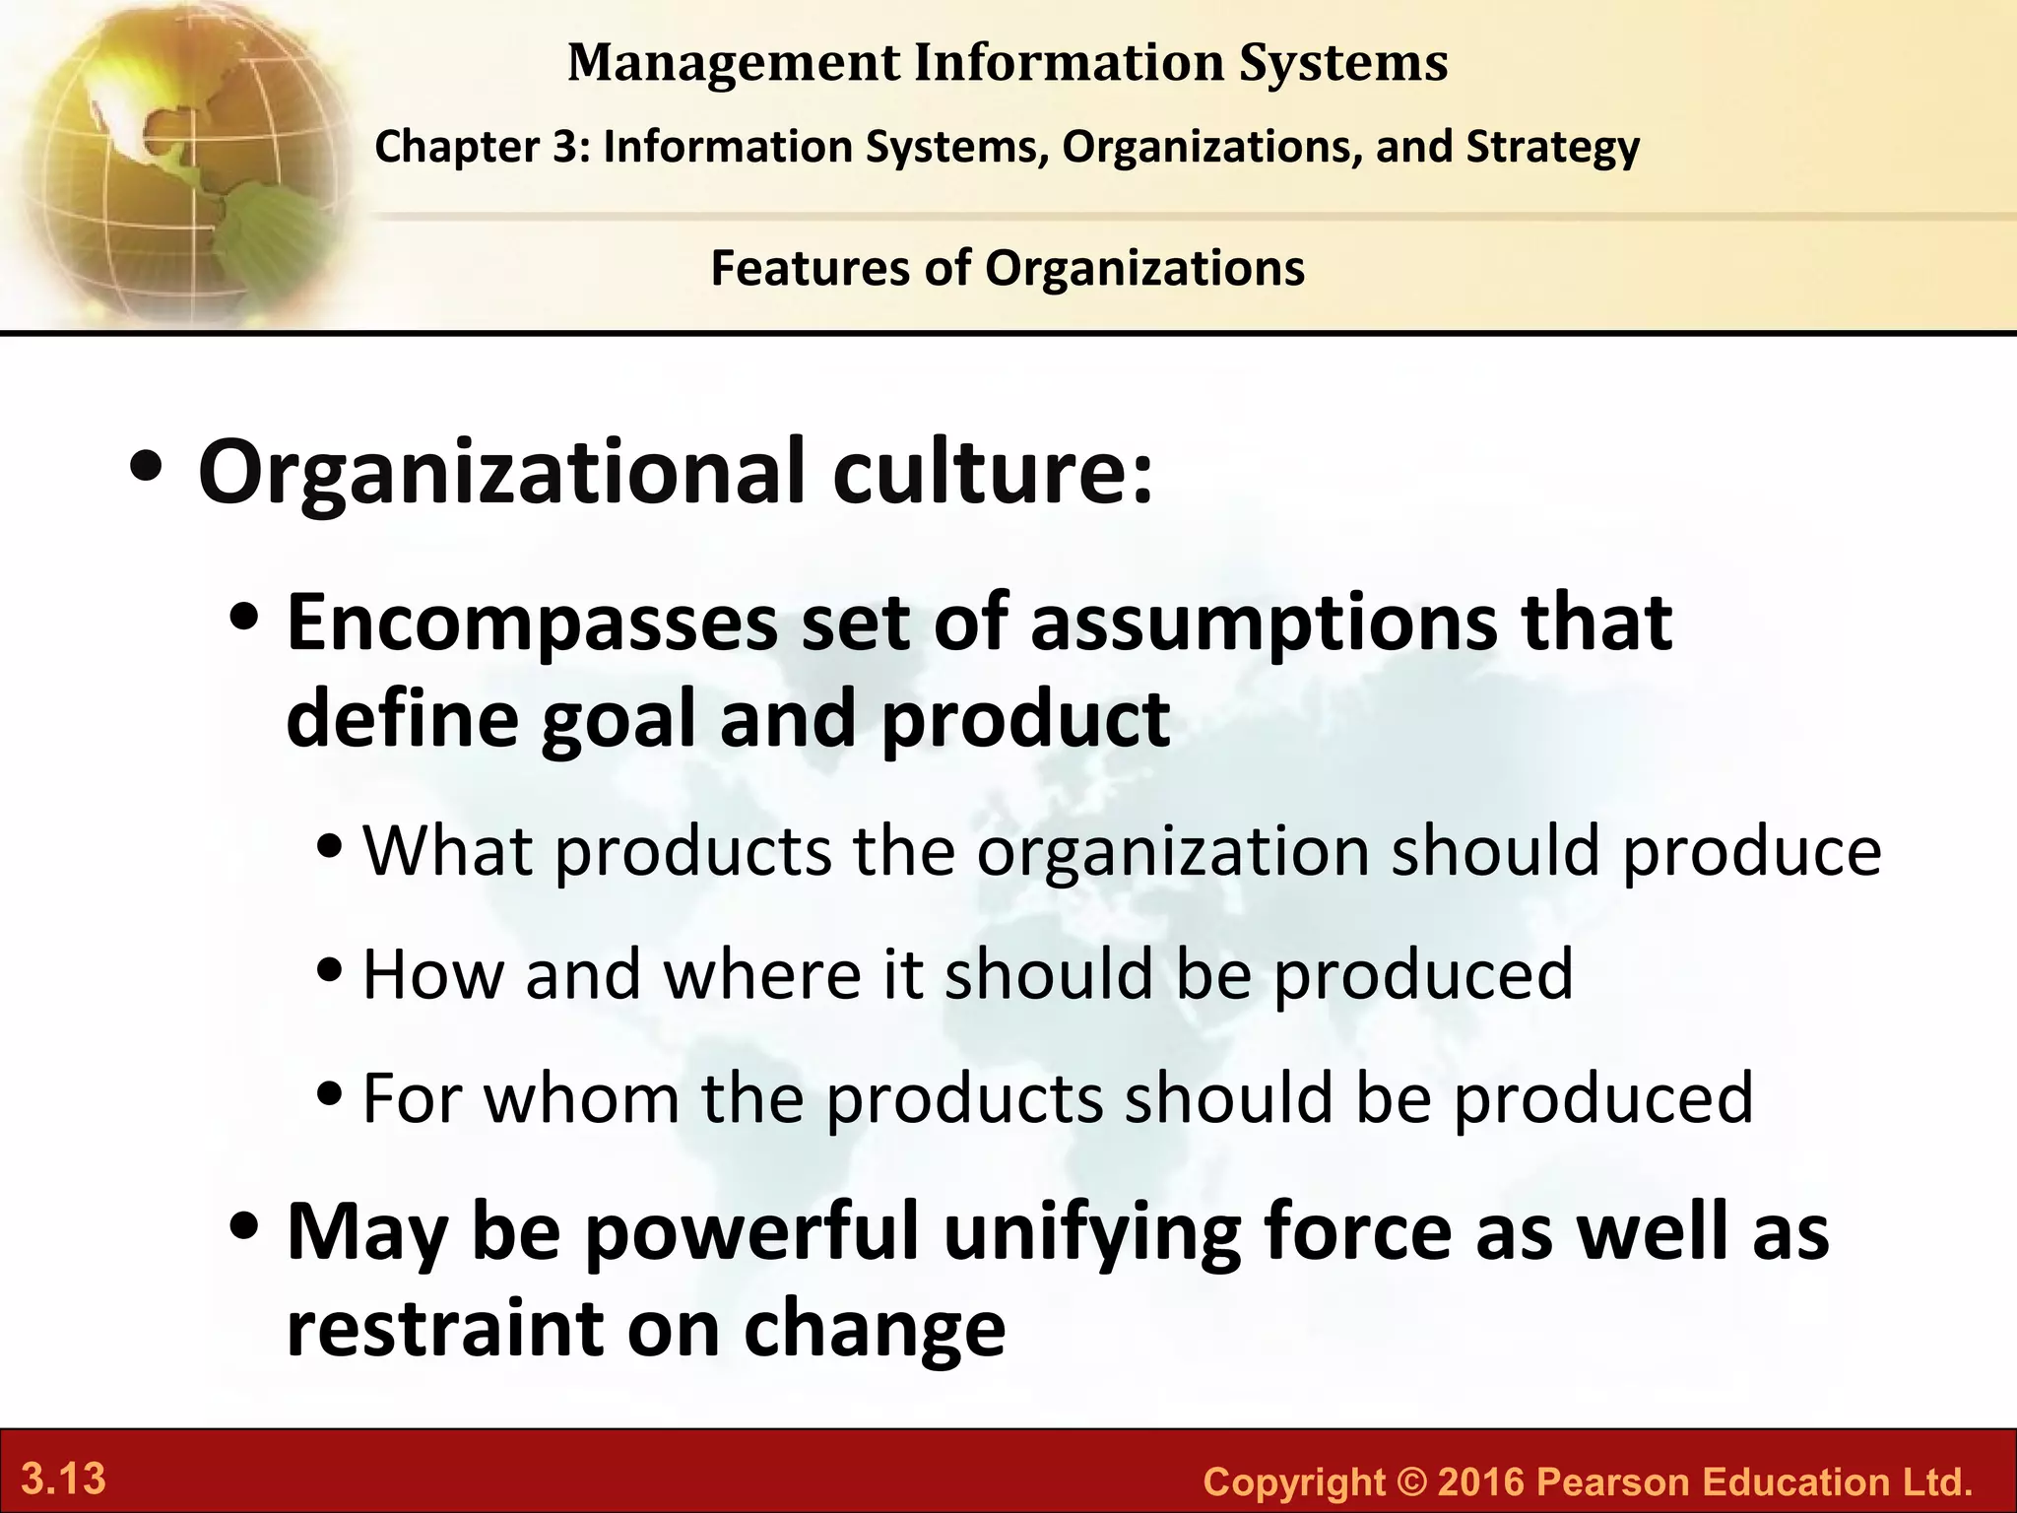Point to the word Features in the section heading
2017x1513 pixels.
click(810, 268)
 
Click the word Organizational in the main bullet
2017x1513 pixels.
click(503, 473)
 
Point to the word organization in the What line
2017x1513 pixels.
click(1173, 850)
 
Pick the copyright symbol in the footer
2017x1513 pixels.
click(1410, 1481)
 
